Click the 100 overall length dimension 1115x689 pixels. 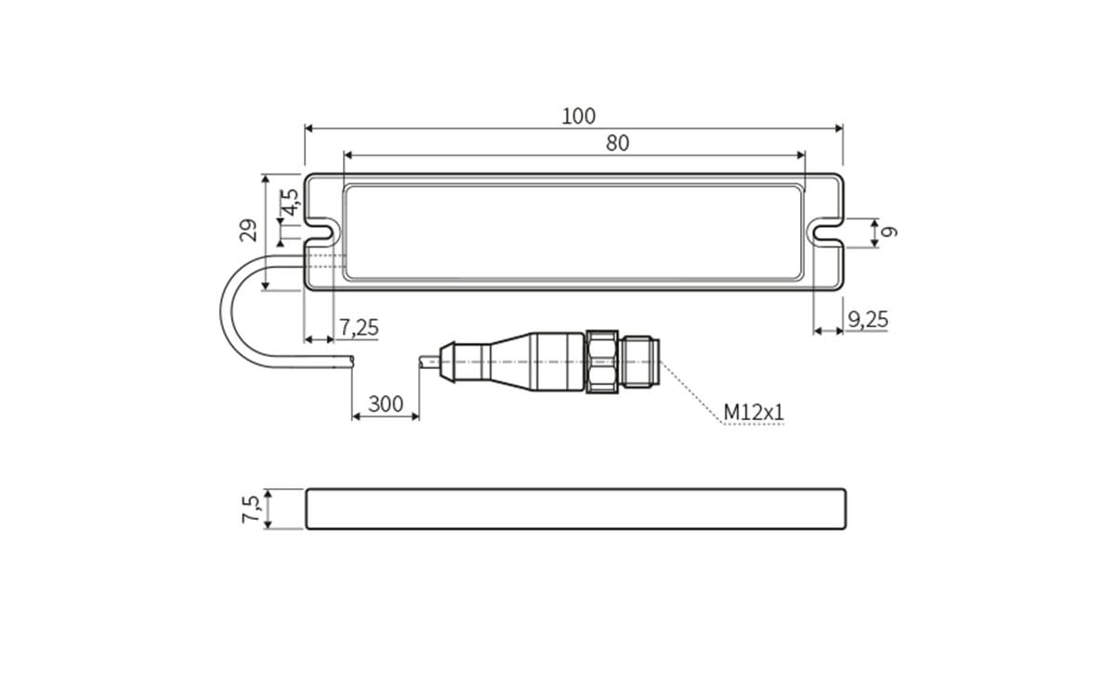coord(578,116)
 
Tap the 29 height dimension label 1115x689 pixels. coord(248,231)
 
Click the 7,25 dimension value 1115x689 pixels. coord(358,327)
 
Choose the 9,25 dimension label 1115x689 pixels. coord(868,320)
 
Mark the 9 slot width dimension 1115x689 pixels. coord(888,232)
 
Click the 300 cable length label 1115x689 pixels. coord(386,404)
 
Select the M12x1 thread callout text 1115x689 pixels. coord(754,411)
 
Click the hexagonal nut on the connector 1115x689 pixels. coord(602,362)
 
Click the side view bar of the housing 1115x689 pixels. coord(575,509)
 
